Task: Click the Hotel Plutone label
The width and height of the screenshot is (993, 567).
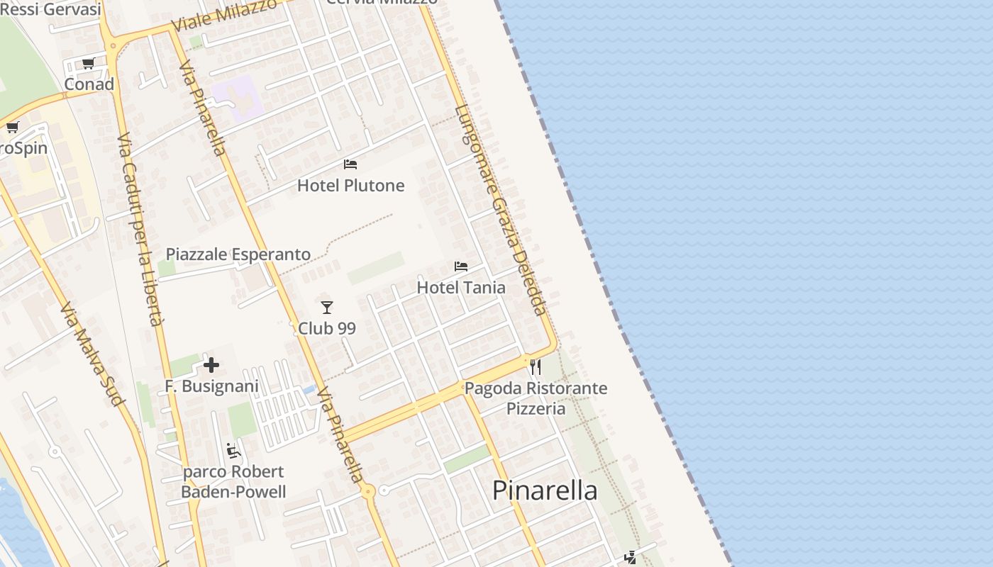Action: click(x=350, y=186)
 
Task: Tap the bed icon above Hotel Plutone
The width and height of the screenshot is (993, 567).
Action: click(x=350, y=164)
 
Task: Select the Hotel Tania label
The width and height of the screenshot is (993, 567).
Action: click(x=461, y=287)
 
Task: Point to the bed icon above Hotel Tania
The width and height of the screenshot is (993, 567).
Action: click(x=461, y=266)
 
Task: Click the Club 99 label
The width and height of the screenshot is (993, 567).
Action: click(x=327, y=328)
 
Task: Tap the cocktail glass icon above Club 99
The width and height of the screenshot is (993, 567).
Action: click(x=327, y=308)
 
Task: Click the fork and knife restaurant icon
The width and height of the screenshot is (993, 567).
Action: click(x=536, y=367)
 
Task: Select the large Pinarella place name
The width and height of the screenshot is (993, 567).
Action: click(x=545, y=490)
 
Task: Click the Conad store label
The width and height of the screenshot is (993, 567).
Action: click(x=89, y=84)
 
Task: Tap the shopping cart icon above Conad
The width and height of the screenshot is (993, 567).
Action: click(x=89, y=64)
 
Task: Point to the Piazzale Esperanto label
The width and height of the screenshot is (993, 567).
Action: click(x=238, y=254)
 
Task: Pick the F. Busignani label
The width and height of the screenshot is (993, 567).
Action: click(x=211, y=386)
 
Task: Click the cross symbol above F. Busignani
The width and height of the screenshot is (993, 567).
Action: click(x=211, y=365)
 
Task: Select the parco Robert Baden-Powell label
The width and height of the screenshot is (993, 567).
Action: click(x=233, y=482)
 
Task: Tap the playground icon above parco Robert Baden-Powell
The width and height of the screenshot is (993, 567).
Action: click(x=233, y=451)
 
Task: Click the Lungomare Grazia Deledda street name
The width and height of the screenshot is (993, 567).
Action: click(x=501, y=210)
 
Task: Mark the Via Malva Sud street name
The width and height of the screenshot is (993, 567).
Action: click(x=92, y=354)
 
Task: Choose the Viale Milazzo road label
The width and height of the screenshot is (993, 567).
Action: click(x=225, y=15)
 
